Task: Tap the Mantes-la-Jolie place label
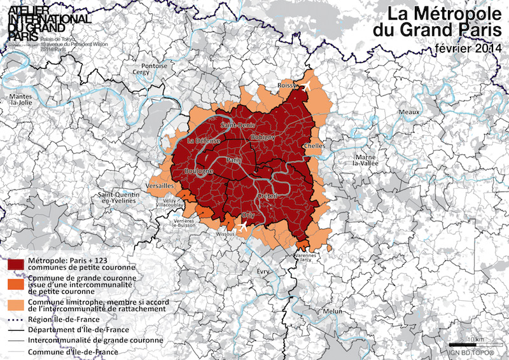tap(21, 99)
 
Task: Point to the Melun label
tap(333, 311)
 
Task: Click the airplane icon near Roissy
tap(306, 86)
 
